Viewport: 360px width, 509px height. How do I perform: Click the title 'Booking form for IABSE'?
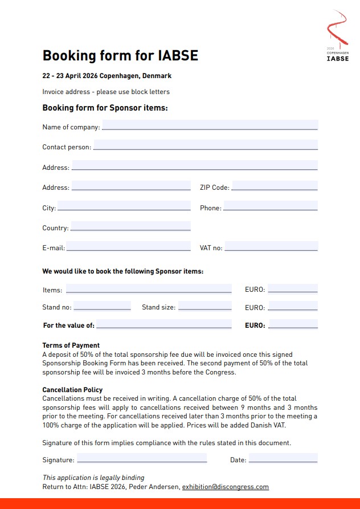(120, 55)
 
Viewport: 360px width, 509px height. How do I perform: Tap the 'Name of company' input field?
(209, 125)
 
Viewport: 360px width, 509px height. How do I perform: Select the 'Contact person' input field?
(205, 145)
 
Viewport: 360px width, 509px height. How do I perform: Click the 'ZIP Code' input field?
(275, 186)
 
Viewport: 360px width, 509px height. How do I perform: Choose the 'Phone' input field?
(271, 206)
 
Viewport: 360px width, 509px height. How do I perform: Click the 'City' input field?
(124, 206)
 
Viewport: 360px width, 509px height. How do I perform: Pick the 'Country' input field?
(130, 226)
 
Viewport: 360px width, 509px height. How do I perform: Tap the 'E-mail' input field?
(128, 246)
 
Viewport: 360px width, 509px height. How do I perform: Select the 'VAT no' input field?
(271, 246)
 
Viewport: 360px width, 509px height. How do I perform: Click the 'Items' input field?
(149, 288)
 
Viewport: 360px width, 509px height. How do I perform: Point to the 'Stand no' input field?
(102, 306)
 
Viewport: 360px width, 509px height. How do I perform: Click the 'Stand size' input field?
(204, 306)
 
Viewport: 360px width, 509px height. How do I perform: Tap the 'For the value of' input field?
(163, 324)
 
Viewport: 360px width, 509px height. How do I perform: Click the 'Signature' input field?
(142, 458)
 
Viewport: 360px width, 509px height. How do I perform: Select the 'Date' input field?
(283, 458)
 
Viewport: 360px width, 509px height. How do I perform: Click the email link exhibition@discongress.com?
(225, 487)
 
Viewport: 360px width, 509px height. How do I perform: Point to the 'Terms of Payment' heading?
(71, 345)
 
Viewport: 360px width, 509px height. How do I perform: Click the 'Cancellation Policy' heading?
(72, 390)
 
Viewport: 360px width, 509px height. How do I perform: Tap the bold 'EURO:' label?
(255, 325)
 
